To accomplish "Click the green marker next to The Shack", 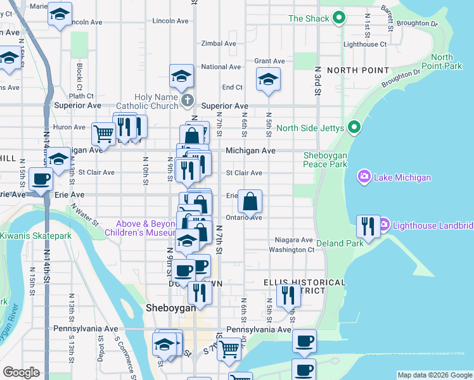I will pos(339,18).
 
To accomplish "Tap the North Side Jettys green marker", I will pos(354,129).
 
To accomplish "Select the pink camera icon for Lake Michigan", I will pos(365,177).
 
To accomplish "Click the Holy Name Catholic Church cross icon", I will pos(187,100).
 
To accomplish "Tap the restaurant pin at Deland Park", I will pos(368,225).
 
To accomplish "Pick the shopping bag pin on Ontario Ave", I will pos(250,202).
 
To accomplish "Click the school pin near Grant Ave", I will pos(268,80).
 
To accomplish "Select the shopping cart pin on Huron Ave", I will pos(103,134).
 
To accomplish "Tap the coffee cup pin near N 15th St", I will pos(41,179).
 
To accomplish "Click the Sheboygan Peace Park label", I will pos(326,160).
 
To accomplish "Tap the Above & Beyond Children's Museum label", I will pos(144,228).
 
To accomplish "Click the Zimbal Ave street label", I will pos(219,44).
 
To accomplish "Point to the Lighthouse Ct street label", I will pos(364,44).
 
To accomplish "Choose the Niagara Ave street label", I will pos(294,240).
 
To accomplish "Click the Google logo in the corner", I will pos(21,372).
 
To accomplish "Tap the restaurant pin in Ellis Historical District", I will pos(288,294).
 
